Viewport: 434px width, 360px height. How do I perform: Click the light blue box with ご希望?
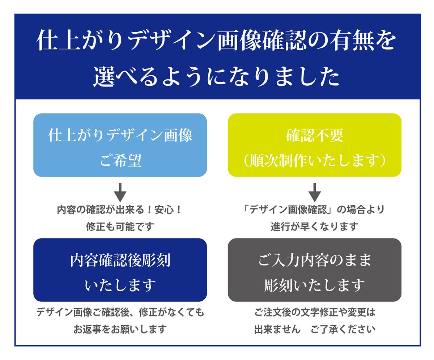(x=120, y=145)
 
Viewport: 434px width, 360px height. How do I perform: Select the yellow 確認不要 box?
(x=315, y=145)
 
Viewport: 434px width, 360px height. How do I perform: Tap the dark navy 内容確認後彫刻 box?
(x=120, y=270)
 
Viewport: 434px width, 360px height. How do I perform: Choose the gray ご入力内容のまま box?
(x=315, y=270)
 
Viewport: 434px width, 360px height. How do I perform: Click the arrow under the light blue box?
(x=120, y=192)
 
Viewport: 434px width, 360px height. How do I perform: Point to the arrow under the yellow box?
(x=315, y=192)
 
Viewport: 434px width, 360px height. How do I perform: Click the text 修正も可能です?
(x=120, y=226)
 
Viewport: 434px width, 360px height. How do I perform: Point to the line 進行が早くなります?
(x=315, y=226)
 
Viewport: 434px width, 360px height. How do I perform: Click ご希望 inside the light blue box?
(x=120, y=160)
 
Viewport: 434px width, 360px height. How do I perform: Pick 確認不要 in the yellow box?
(x=315, y=135)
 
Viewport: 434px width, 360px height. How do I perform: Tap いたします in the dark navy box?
(x=120, y=285)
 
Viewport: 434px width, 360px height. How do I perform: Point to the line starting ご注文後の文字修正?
(x=315, y=312)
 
